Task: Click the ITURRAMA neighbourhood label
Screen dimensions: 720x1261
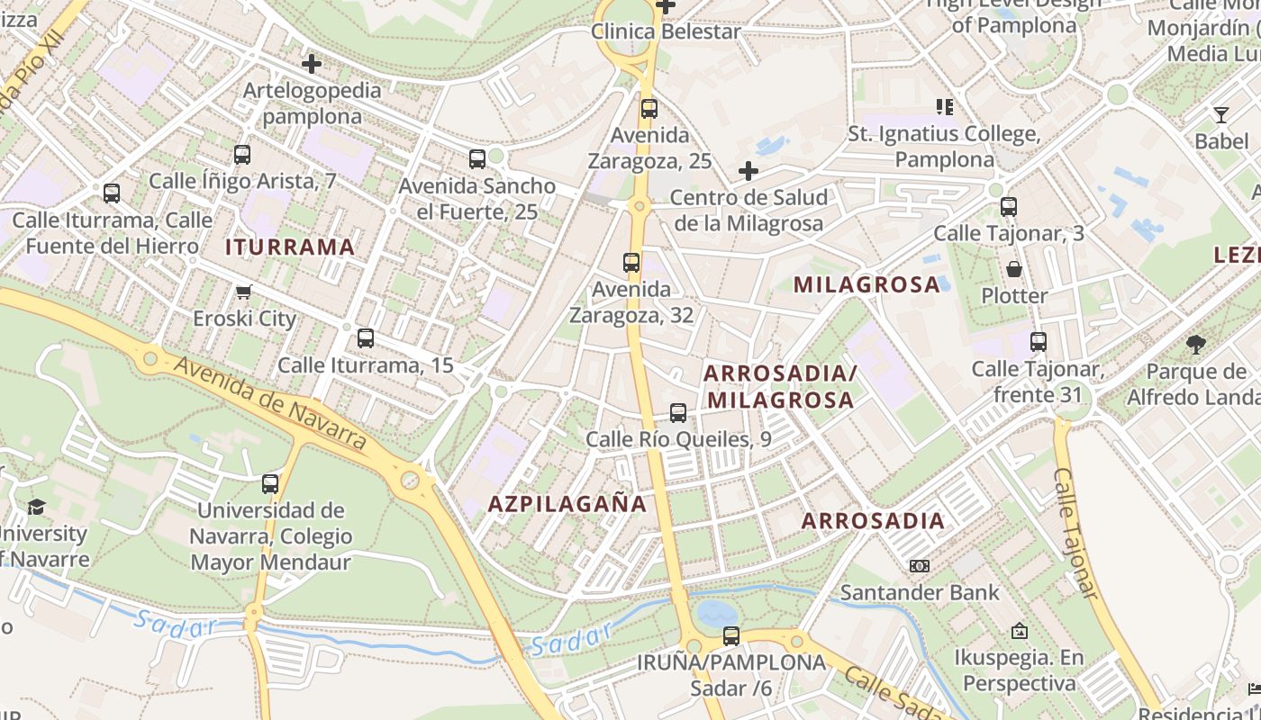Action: point(290,247)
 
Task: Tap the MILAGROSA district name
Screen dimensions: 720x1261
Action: point(866,284)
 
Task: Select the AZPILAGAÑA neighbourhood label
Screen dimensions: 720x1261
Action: point(567,504)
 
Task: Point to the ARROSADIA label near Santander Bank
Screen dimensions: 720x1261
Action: point(873,520)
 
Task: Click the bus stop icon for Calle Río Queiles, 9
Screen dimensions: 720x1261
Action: point(678,413)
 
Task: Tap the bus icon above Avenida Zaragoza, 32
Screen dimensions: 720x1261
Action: point(631,263)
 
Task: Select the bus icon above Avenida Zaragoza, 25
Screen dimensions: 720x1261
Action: point(649,109)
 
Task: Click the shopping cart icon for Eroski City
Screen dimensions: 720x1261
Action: point(243,292)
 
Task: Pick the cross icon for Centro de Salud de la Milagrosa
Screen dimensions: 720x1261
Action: point(748,171)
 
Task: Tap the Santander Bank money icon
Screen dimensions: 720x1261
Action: point(919,566)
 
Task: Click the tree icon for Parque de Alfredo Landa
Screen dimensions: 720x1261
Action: point(1196,344)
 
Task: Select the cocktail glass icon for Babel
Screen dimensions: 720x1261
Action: point(1220,114)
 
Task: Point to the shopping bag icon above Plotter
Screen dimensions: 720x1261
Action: point(1014,269)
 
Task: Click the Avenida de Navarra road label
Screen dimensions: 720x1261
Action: point(270,402)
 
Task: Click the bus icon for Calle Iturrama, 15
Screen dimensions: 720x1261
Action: point(365,338)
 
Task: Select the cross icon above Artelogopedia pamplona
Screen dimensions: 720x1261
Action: point(312,64)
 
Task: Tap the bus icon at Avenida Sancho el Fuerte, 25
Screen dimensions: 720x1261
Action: point(477,159)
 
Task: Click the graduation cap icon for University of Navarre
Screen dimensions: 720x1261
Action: point(36,507)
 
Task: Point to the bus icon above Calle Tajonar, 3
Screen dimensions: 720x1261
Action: point(1009,206)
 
